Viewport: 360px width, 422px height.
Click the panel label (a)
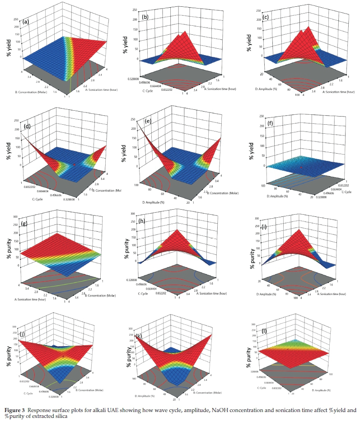[x=27, y=21]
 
